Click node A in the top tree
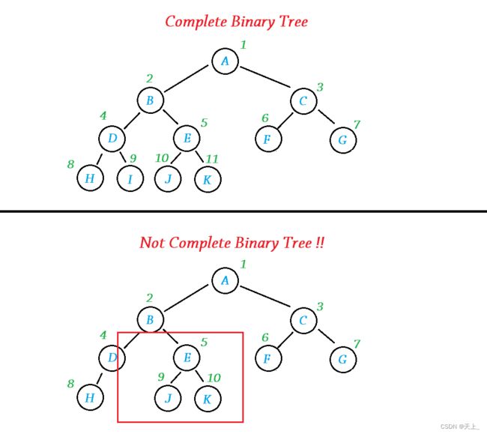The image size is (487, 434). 225,61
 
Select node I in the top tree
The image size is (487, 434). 130,178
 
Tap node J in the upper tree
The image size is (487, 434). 168,178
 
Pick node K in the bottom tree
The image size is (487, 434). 207,399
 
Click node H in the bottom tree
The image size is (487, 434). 90,398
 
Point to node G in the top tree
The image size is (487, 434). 342,139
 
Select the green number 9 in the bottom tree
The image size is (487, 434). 160,378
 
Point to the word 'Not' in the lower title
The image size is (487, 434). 153,243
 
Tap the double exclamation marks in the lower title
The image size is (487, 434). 319,243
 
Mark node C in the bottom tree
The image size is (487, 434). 303,321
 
